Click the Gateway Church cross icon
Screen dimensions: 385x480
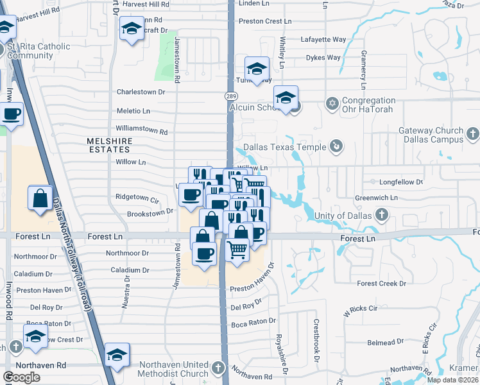[x=473, y=134]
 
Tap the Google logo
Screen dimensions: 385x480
[x=21, y=377]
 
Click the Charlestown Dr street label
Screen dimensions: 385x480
[x=141, y=92]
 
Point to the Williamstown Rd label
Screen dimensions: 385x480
[x=142, y=132]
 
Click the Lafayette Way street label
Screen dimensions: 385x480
[x=324, y=39]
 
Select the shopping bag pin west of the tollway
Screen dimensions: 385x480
[x=40, y=198]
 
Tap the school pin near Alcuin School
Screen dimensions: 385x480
[x=286, y=98]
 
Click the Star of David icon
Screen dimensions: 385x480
[x=332, y=103]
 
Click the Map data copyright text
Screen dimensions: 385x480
[x=453, y=380]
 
